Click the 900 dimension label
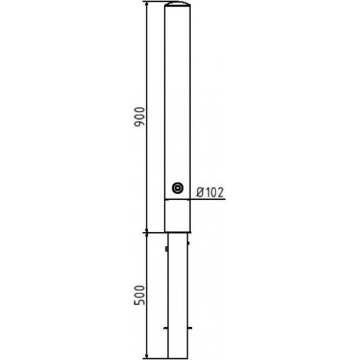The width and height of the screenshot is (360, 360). pos(140,117)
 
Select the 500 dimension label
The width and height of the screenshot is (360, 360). pos(140,295)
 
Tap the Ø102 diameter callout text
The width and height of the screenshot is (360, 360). pos(210,192)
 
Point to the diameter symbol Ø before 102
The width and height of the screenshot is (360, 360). pos(200,192)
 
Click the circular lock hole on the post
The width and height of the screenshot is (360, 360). pos(178,188)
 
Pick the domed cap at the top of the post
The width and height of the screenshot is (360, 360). pos(178,4)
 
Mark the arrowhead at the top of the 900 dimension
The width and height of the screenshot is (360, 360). pos(147,3)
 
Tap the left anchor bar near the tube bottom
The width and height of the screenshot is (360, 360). pos(166,328)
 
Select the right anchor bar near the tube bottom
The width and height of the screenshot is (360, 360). pos(190,328)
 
